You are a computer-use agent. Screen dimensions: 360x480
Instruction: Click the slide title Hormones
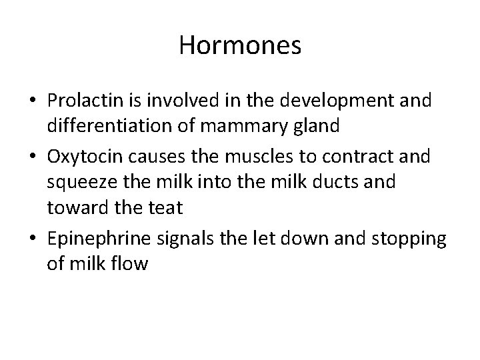point(240,46)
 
